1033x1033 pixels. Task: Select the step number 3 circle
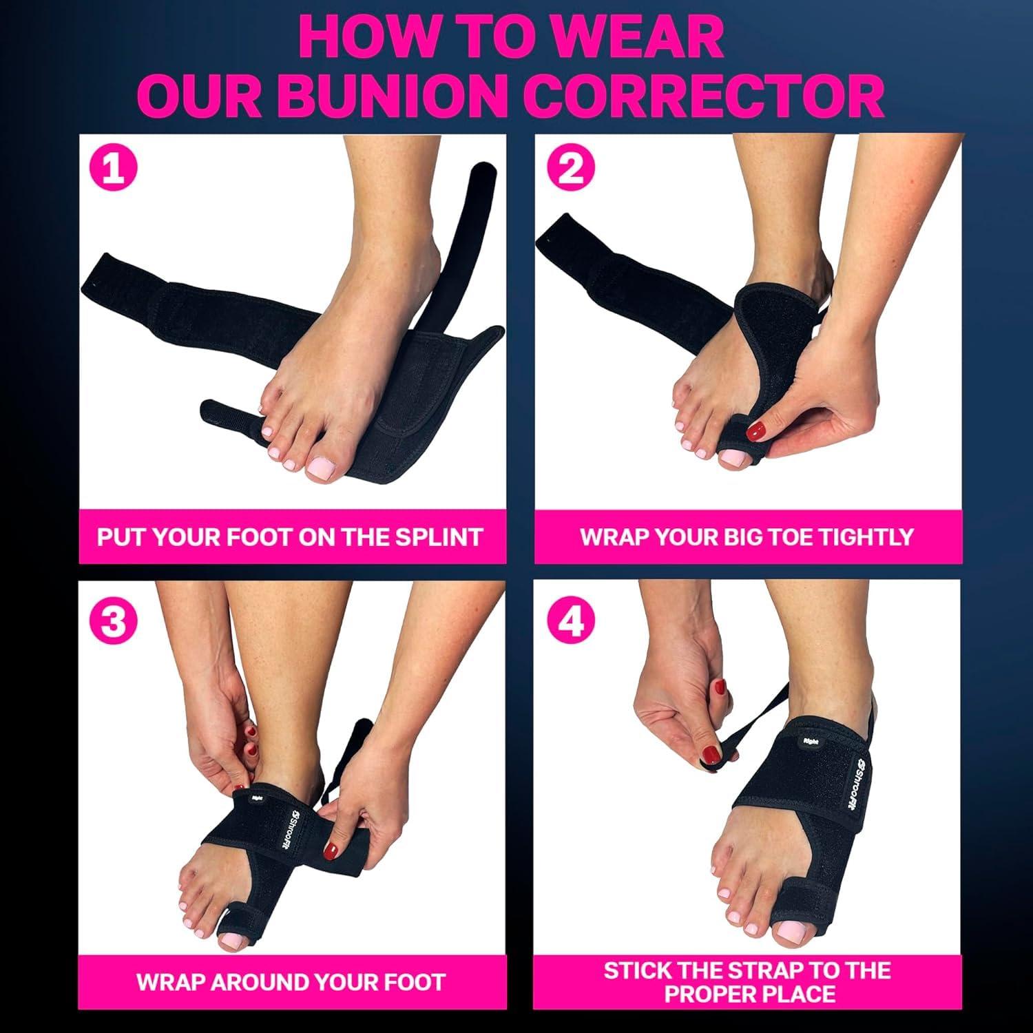(114, 622)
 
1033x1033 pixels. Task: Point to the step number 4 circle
(570, 622)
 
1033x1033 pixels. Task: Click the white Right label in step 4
(810, 741)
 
